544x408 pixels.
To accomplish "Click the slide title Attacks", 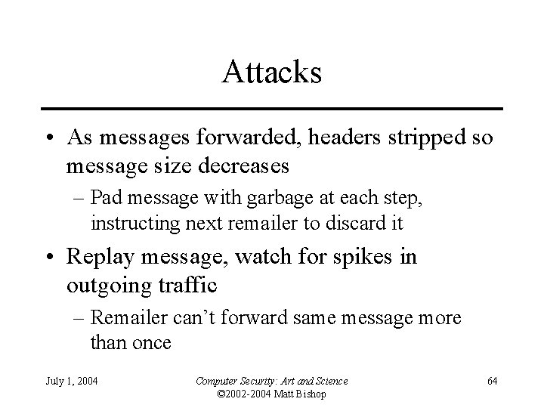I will point(272,73).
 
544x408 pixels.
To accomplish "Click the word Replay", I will point(102,257).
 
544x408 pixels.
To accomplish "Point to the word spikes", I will point(362,257).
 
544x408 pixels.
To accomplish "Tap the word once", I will point(151,342).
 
